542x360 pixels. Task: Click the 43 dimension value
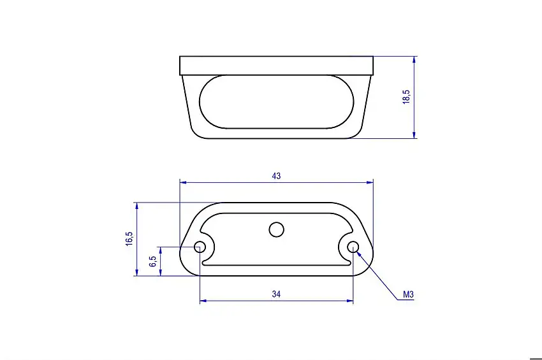[x=276, y=176]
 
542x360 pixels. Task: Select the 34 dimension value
[x=276, y=294]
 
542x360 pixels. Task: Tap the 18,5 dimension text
[x=406, y=97]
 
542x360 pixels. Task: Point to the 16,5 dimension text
[x=129, y=239]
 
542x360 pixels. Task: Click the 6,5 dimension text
[x=152, y=261]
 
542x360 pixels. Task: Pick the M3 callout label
[x=409, y=295]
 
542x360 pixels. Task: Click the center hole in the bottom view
[x=276, y=229]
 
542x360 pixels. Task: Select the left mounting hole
[x=200, y=247]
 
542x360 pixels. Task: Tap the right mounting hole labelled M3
[x=353, y=247]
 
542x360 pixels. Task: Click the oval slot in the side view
[x=276, y=101]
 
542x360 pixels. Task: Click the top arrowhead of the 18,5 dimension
[x=414, y=59]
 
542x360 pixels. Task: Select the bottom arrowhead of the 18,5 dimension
[x=414, y=134]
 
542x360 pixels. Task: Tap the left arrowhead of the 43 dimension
[x=183, y=182]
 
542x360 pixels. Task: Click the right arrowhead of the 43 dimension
[x=370, y=182]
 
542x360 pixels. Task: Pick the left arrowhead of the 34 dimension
[x=203, y=301]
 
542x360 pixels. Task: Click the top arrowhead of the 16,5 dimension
[x=136, y=206]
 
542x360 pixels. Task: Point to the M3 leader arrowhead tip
[x=357, y=252]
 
